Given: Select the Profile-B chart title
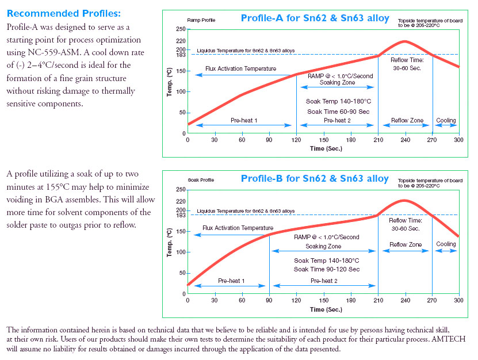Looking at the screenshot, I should click(315, 178).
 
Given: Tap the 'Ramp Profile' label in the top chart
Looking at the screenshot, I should click(200, 20).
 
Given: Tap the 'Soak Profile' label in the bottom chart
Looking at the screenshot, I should click(200, 180).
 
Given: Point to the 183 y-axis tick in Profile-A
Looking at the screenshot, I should click(180, 55).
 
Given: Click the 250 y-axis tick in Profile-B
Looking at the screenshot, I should click(180, 190).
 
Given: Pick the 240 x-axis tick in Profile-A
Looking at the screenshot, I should click(405, 140).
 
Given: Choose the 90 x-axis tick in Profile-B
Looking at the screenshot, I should click(269, 300).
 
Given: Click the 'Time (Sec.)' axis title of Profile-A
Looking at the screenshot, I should click(326, 148).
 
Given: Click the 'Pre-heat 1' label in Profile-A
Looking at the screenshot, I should click(244, 121).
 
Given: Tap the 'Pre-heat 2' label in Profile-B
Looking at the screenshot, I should click(324, 281).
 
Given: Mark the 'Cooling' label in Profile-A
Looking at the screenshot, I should click(446, 121).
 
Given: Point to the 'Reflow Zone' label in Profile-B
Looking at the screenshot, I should click(406, 244).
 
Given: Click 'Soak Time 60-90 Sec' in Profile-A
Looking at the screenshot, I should click(338, 112).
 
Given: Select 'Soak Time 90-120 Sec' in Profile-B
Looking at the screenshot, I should click(326, 269).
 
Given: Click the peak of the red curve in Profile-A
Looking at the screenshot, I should click(405, 41).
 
